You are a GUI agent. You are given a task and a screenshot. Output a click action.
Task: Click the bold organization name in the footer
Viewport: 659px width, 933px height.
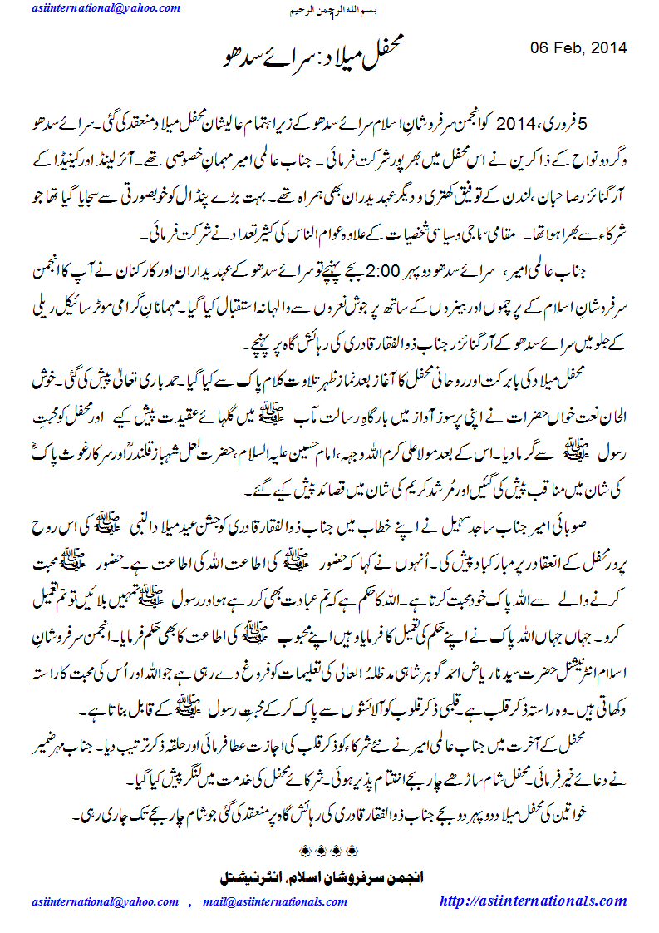point(330,877)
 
